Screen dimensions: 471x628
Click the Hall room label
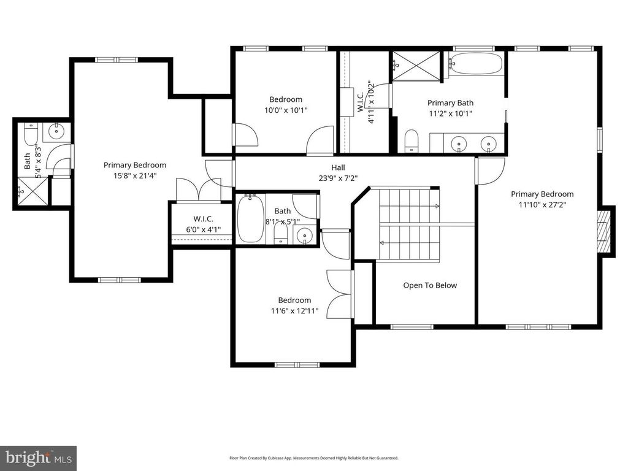339,167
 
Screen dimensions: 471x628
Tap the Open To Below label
430,285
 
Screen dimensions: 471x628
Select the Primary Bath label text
450,103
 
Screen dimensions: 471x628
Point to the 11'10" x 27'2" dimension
542,205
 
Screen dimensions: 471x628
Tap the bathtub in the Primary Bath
475,64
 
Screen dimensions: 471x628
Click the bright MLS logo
37,458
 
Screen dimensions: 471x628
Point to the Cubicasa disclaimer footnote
313,458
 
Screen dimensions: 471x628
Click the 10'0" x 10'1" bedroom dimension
285,110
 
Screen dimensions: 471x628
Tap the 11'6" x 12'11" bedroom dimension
294,311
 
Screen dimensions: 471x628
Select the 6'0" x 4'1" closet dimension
203,230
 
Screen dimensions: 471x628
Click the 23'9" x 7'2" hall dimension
339,178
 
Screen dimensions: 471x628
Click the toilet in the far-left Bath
31,133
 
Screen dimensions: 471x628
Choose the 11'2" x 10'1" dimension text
450,113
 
